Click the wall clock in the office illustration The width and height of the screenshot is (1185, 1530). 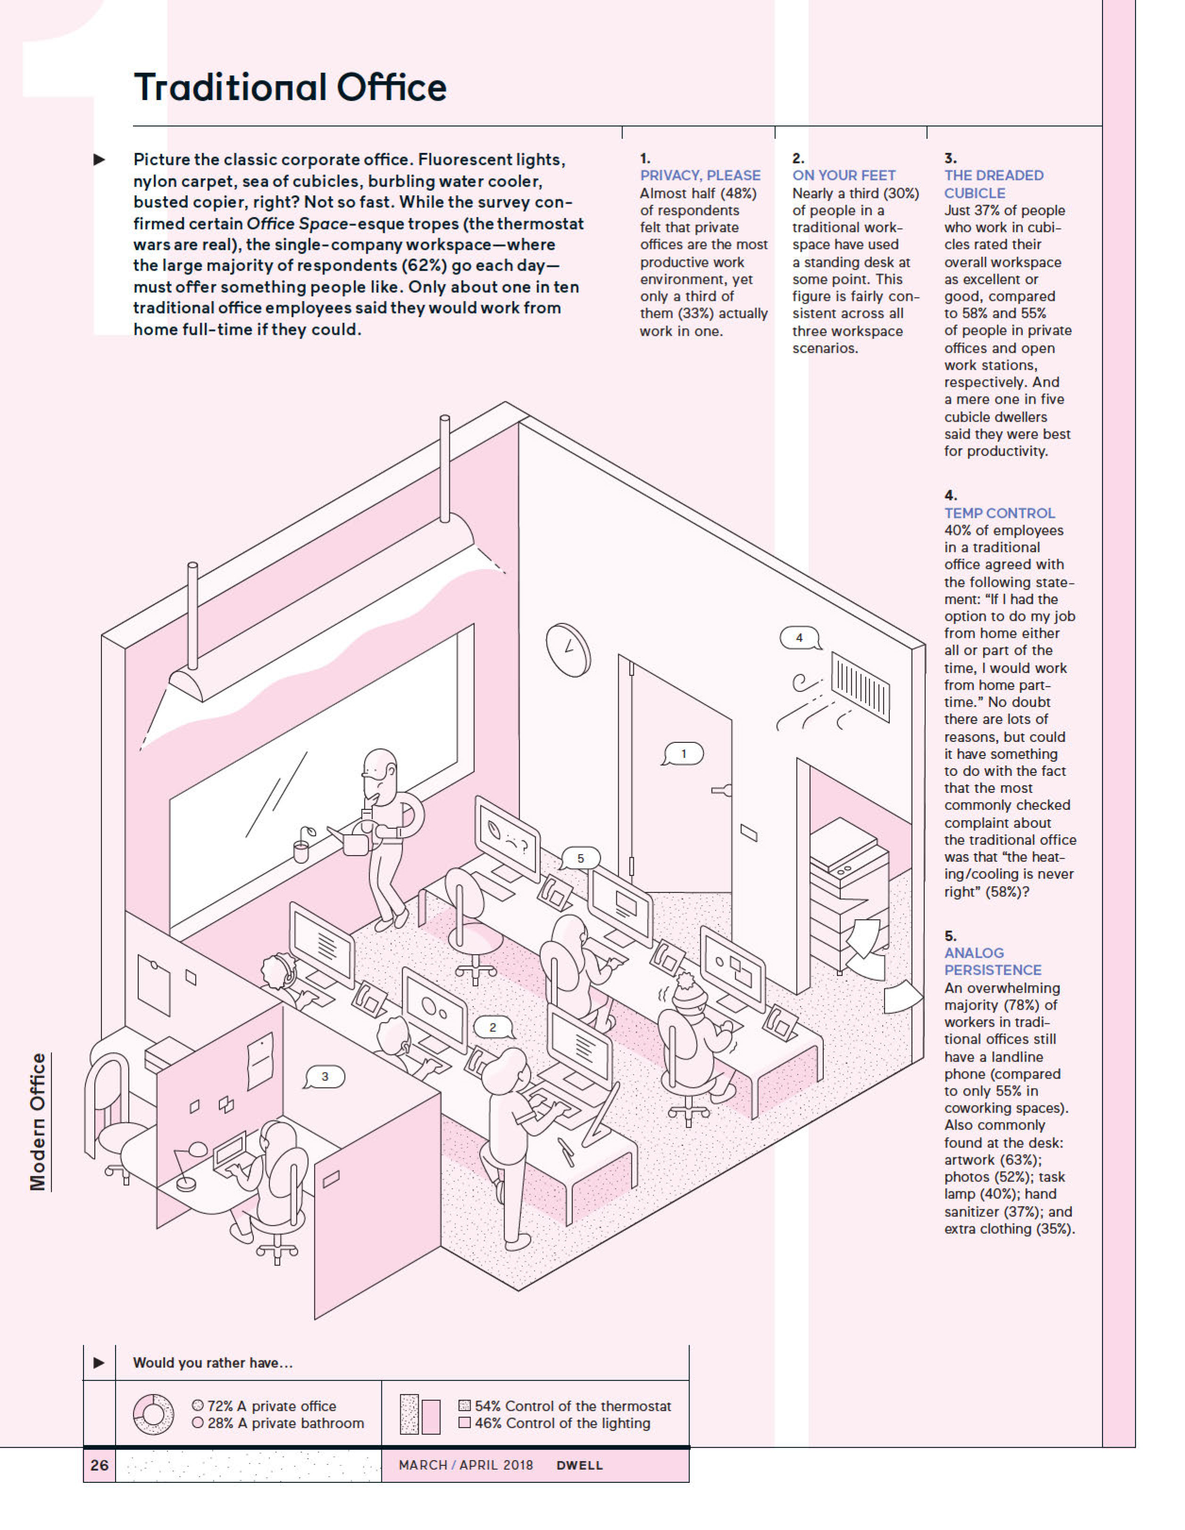point(568,649)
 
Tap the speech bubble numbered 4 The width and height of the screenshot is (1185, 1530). point(799,638)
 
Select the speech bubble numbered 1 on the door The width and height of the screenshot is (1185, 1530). point(684,754)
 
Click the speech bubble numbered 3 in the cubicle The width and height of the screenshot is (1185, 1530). point(325,1077)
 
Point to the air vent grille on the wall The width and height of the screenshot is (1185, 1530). point(860,687)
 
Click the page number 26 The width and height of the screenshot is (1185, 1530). point(99,1465)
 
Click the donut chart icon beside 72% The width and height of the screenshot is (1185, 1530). point(153,1414)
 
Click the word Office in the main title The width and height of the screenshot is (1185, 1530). point(391,88)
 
